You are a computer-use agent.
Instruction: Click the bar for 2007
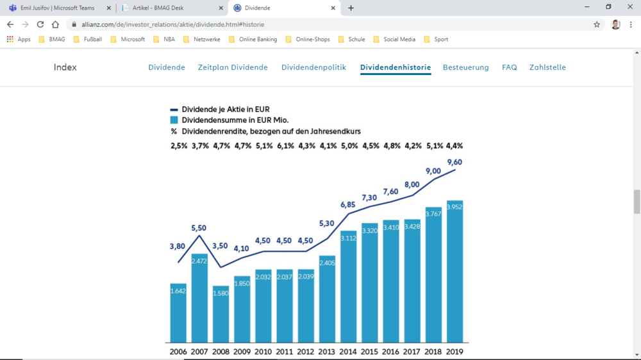point(199,298)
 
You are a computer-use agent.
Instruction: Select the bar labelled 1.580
point(221,314)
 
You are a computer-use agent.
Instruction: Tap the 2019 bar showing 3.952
point(454,272)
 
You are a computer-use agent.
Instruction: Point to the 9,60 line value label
point(454,162)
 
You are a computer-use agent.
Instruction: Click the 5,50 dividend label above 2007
point(199,228)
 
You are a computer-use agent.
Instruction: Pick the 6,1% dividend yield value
point(285,146)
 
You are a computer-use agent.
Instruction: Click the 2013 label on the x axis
point(327,352)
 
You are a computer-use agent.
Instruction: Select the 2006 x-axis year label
point(178,352)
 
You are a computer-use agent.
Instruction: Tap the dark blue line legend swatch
point(174,110)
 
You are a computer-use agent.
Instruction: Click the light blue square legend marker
point(174,120)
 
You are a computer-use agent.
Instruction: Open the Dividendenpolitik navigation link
point(313,67)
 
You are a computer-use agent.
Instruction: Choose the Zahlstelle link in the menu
point(547,67)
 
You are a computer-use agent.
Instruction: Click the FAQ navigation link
point(510,67)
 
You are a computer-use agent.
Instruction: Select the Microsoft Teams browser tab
point(58,8)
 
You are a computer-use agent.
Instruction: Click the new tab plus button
point(351,8)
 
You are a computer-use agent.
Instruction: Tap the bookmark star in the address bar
point(597,24)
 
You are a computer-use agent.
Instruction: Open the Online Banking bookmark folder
point(253,39)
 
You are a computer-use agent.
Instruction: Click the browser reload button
point(40,24)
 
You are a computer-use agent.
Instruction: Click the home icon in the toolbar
point(55,24)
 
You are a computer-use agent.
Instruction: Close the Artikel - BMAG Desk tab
point(221,8)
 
